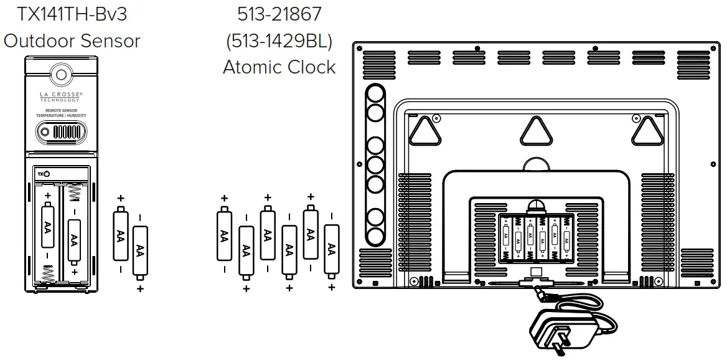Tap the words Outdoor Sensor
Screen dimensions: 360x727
[72, 40]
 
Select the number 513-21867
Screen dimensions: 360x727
[279, 13]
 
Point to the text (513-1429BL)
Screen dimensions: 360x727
[279, 40]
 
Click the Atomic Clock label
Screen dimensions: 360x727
[279, 67]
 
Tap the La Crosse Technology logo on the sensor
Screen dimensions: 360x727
[61, 97]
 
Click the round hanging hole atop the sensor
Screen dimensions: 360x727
[61, 75]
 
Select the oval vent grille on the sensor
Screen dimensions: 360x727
[61, 133]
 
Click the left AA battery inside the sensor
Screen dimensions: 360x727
[47, 227]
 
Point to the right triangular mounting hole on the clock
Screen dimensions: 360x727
[647, 130]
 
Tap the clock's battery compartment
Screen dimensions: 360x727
[536, 238]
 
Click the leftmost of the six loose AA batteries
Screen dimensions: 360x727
[224, 235]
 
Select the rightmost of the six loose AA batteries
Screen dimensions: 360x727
[332, 251]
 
